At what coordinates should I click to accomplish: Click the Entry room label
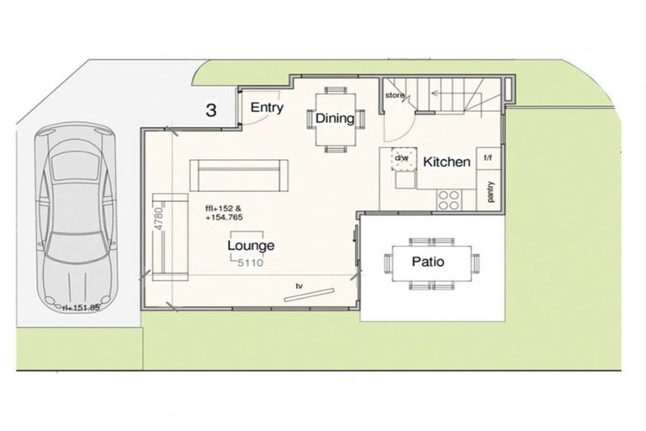[x=267, y=108]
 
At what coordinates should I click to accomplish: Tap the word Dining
[x=335, y=118]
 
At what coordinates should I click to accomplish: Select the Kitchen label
[x=446, y=162]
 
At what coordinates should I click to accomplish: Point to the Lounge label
[x=251, y=246]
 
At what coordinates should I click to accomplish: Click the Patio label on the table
[x=427, y=262]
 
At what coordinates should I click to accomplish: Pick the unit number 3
[x=212, y=110]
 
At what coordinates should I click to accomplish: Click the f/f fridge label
[x=488, y=157]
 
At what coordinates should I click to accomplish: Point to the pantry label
[x=490, y=192]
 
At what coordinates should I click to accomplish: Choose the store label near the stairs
[x=395, y=96]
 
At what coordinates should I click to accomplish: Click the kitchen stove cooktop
[x=448, y=200]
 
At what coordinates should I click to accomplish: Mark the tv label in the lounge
[x=298, y=286]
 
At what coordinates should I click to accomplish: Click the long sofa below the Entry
[x=241, y=173]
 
